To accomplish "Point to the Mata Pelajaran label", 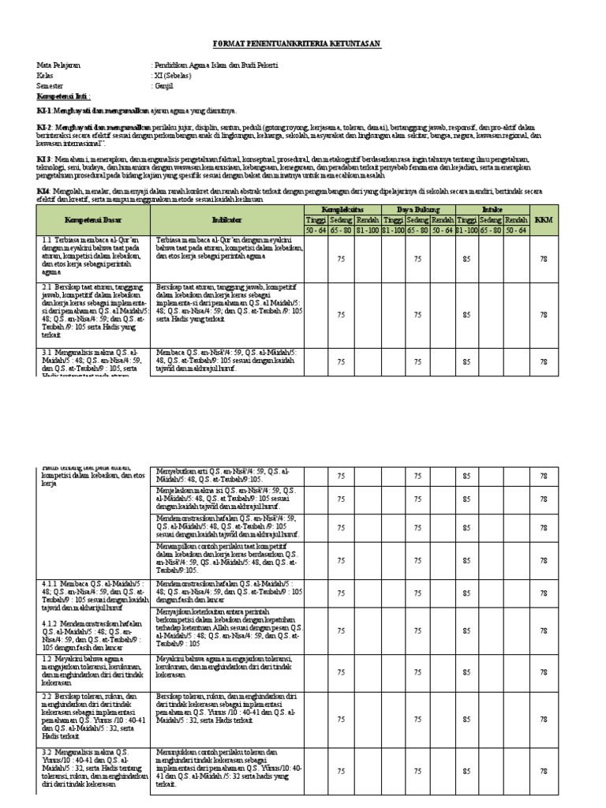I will coord(58,66).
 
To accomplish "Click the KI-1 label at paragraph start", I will coord(43,111).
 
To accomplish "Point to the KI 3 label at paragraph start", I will coord(44,159).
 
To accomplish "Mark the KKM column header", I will coord(544,219).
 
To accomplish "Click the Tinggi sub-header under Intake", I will coord(467,219).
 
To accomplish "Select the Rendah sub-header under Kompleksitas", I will coord(368,219).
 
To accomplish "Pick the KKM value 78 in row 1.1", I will coord(544,258).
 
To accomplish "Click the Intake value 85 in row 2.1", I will coord(466,315).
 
